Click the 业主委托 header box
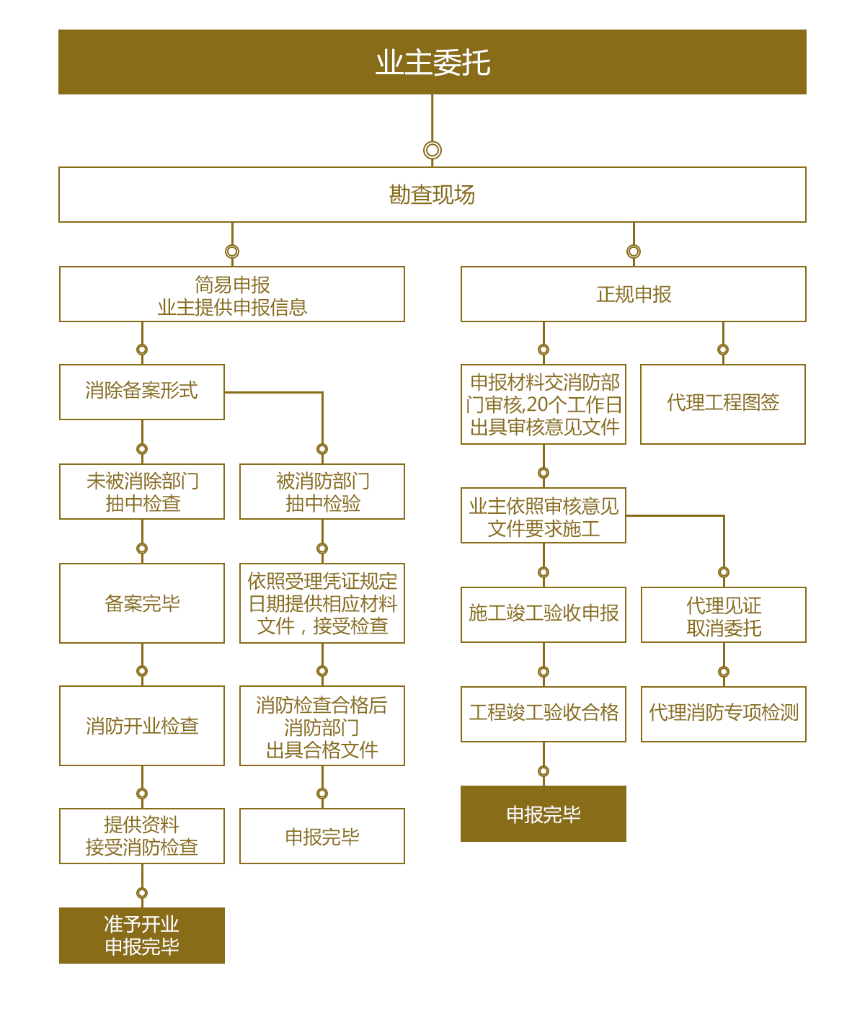432,62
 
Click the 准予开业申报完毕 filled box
142,936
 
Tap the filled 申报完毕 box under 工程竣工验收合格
544,814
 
